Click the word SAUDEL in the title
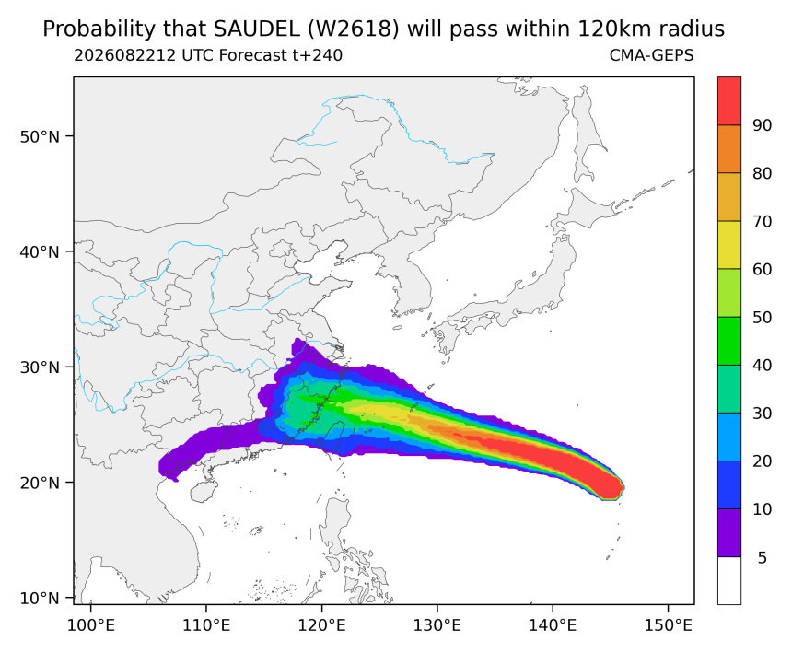[256, 29]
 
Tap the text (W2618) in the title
[353, 29]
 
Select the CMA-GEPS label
[652, 55]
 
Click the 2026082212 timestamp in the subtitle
[125, 55]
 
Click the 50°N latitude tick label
[40, 136]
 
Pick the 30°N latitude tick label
[40, 367]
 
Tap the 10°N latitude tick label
[40, 598]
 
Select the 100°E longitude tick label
[91, 625]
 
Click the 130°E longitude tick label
[437, 625]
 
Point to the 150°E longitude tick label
[669, 625]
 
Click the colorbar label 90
[763, 125]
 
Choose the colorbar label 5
[763, 557]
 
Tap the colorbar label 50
[763, 317]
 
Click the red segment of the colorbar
[729, 101]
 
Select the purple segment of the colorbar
[729, 532]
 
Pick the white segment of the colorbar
[729, 580]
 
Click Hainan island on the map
[204, 491]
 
